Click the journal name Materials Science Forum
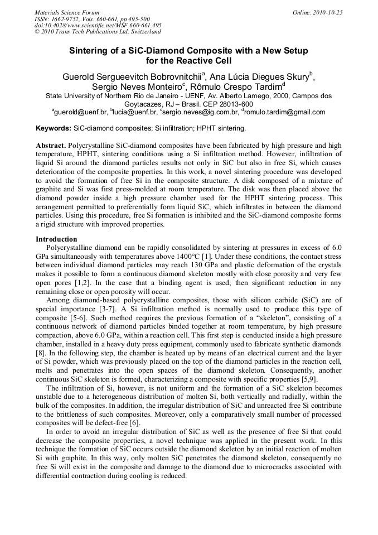tap(67, 12)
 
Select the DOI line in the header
tap(98, 25)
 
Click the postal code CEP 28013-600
tap(227, 104)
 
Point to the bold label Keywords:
tap(53, 128)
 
